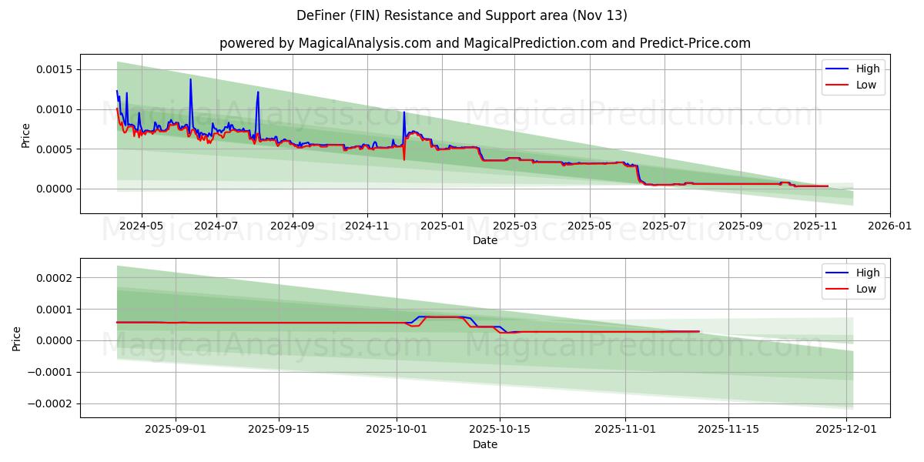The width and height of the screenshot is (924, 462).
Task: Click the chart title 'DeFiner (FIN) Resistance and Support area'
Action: pyautogui.click(x=462, y=15)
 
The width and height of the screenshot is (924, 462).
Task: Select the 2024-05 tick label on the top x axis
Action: pyautogui.click(x=142, y=226)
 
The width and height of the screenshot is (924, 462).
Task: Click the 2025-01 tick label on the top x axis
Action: pyautogui.click(x=442, y=226)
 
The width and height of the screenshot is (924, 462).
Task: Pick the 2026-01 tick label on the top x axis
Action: pyautogui.click(x=890, y=226)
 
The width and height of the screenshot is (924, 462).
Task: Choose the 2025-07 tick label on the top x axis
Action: pyautogui.click(x=664, y=226)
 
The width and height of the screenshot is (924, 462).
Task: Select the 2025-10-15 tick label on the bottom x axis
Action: pyautogui.click(x=500, y=430)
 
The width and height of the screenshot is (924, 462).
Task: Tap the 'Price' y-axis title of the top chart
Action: pyautogui.click(x=25, y=136)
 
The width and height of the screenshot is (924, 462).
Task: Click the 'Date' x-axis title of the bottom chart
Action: pyautogui.click(x=485, y=444)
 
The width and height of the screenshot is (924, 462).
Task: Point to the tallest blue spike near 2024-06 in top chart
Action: pyautogui.click(x=190, y=79)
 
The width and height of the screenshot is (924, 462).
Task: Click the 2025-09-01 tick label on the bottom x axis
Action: pyautogui.click(x=176, y=430)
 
